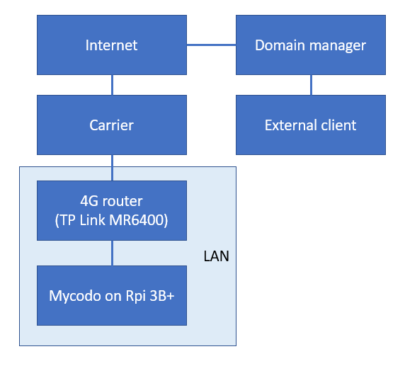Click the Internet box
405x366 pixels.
[x=112, y=45]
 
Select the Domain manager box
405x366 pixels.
[x=311, y=45]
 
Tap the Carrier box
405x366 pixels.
[x=112, y=125]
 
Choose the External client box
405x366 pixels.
[x=311, y=125]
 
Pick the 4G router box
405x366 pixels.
[x=112, y=210]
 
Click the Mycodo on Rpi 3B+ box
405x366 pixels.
[x=112, y=295]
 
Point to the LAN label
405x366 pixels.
[x=217, y=256]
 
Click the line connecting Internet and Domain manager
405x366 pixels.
[x=211, y=45]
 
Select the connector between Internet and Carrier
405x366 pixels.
[x=112, y=85]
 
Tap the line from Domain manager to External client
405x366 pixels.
[x=311, y=85]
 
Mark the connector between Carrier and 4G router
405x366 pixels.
[x=112, y=168]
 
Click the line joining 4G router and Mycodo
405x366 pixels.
[x=112, y=253]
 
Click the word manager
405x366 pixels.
[x=338, y=46]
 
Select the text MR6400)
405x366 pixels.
[x=139, y=220]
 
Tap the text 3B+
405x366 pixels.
[x=162, y=296]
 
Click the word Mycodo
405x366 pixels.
[x=75, y=296]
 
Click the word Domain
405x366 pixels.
[x=280, y=45]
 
